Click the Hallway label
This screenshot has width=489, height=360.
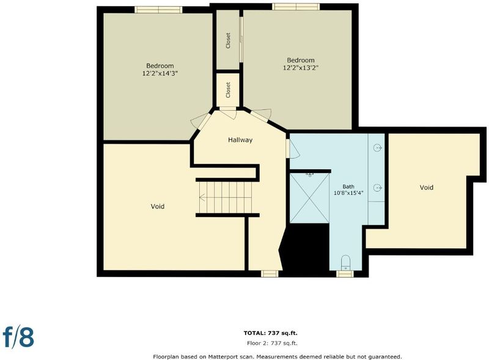240,140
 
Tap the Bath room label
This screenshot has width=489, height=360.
348,186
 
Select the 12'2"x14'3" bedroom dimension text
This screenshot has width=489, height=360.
160,73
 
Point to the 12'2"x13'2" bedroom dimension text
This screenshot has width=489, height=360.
301,68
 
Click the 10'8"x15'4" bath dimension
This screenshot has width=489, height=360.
348,193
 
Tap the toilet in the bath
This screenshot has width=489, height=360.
345,263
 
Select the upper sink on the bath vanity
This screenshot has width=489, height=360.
377,147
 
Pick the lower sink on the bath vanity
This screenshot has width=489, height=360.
377,188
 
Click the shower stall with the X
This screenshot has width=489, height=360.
309,198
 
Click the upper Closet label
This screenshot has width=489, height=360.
228,40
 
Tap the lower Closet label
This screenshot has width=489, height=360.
228,90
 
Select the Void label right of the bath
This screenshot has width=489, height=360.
426,188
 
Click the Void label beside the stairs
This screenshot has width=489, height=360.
158,207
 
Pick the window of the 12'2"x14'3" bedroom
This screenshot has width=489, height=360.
158,10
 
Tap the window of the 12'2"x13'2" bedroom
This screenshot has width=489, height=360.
296,7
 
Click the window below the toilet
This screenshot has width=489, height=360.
345,274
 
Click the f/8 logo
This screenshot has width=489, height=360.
18,336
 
